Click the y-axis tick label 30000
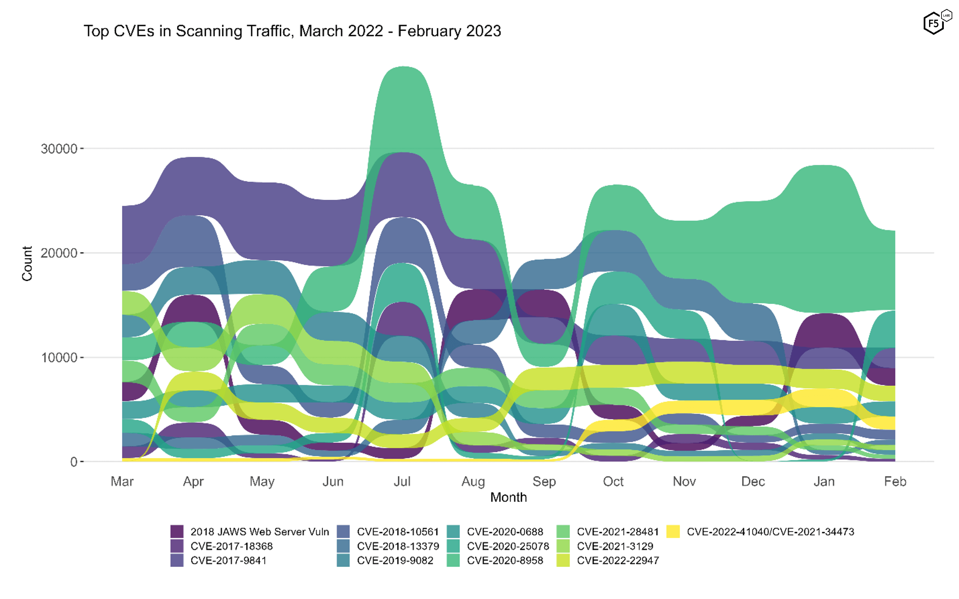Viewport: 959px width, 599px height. pos(59,149)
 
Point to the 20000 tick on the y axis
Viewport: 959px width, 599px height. pos(59,253)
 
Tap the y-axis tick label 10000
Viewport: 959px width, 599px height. pos(59,358)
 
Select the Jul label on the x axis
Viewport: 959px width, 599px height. pos(402,481)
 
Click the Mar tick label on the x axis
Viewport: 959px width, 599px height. pos(122,481)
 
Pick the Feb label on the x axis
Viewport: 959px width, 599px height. pos(895,481)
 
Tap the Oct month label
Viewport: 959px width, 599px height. pos(613,481)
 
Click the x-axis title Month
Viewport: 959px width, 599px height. pos(508,497)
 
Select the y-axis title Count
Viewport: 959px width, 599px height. pos(27,263)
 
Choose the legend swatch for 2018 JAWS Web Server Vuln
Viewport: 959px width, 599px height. pos(177,532)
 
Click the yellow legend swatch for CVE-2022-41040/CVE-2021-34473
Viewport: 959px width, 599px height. pos(673,532)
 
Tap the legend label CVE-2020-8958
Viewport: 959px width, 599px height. pos(505,561)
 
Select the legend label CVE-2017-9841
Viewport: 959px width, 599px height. pos(228,561)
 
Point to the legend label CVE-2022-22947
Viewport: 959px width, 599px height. pos(618,561)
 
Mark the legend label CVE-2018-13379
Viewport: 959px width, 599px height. pos(398,546)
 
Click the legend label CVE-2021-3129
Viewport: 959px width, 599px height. pos(615,546)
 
